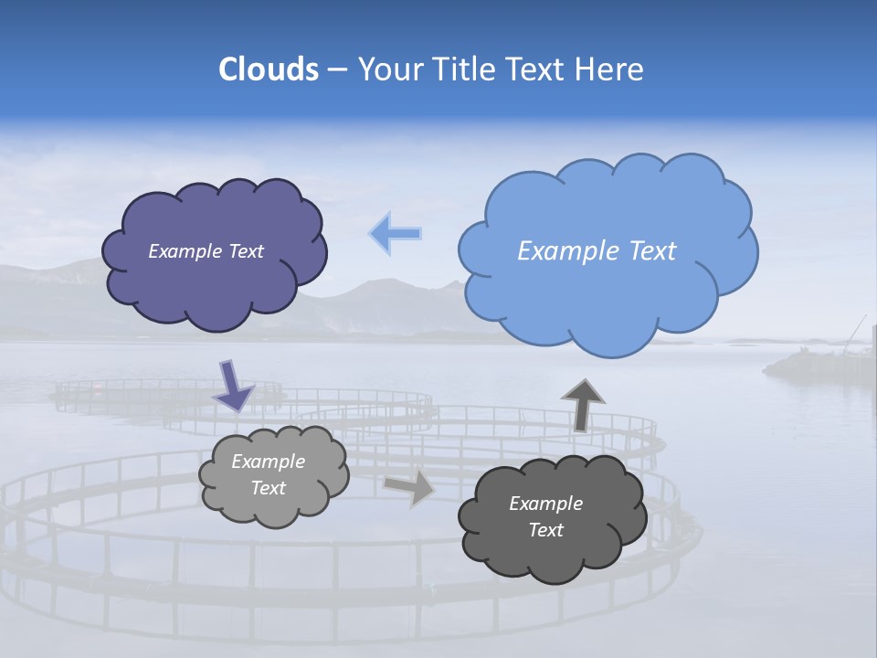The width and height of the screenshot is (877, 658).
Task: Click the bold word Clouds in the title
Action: [268, 69]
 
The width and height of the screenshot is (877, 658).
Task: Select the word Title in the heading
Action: [460, 69]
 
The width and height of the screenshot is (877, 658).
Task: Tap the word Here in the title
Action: [610, 69]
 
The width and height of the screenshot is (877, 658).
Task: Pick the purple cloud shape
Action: [214, 292]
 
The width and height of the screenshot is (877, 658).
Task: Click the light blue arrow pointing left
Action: [396, 234]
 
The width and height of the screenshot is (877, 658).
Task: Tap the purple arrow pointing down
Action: [234, 385]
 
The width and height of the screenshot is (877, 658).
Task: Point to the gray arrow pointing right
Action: [410, 487]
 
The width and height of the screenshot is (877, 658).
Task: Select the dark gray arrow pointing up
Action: [583, 403]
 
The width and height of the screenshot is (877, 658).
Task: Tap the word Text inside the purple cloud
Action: [244, 251]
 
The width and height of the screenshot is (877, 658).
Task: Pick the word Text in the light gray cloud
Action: [268, 488]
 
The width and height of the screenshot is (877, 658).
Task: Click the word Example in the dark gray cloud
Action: [545, 504]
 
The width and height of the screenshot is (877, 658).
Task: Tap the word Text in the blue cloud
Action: [650, 251]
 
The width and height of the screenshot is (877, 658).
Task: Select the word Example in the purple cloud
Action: [184, 251]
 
